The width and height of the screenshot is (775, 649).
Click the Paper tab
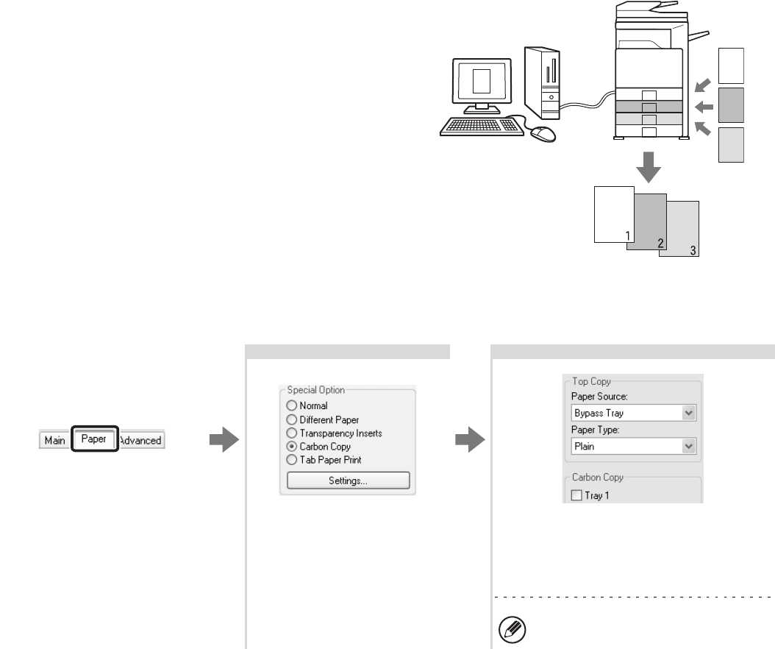click(x=94, y=440)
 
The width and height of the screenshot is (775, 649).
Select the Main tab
click(x=54, y=440)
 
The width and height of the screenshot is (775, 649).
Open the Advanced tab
click(x=140, y=440)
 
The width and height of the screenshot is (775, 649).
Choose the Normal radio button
click(x=292, y=405)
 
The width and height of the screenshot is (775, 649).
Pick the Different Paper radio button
click(x=292, y=419)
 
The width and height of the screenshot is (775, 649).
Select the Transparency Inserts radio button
click(x=292, y=433)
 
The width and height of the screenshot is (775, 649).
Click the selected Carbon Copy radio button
click(x=292, y=447)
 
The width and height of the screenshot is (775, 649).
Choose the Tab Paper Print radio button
click(x=292, y=460)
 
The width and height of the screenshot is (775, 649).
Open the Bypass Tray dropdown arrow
click(x=689, y=414)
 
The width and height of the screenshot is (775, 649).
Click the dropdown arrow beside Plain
click(x=689, y=446)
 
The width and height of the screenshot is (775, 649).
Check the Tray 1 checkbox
click(x=576, y=496)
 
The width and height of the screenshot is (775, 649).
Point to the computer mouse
click(x=543, y=133)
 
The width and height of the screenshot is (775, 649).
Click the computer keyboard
click(x=482, y=127)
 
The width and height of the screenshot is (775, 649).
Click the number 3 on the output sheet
click(x=692, y=250)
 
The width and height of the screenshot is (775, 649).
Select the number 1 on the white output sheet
click(x=627, y=235)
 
